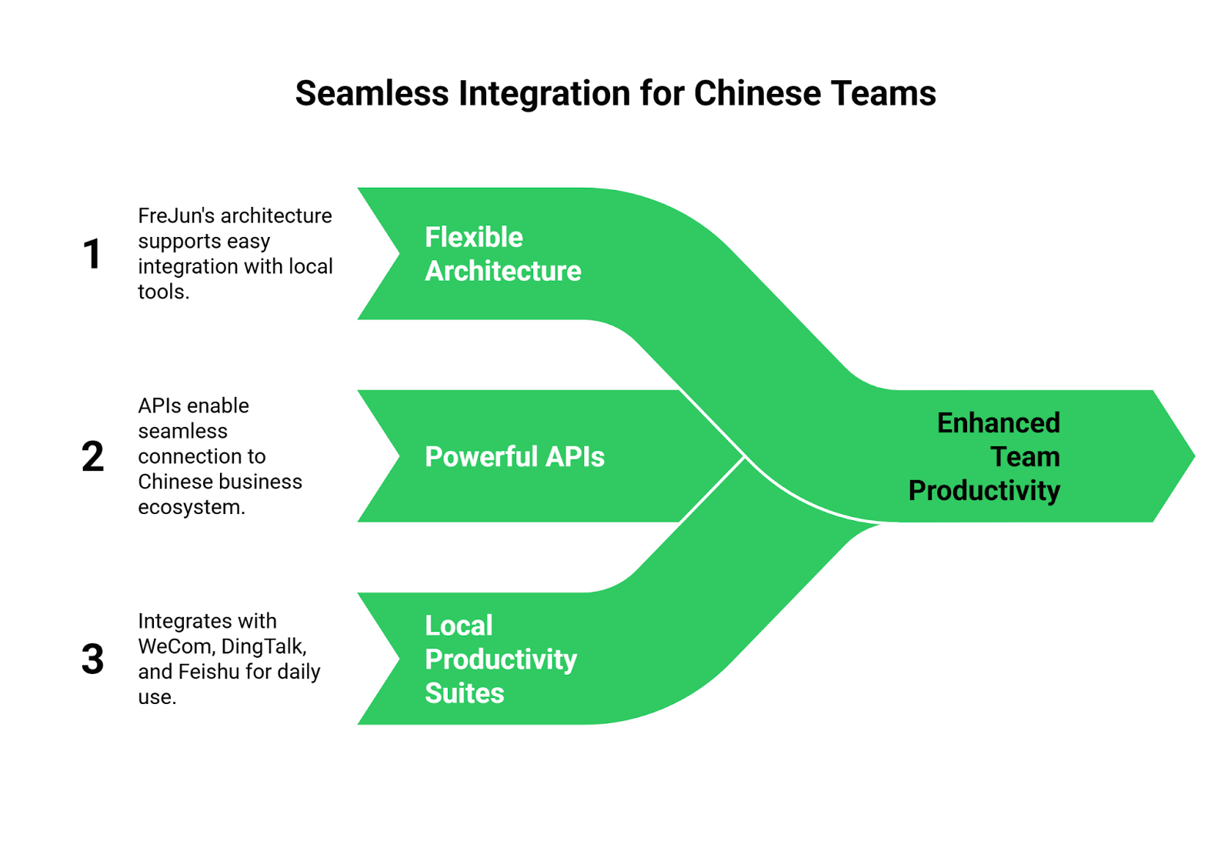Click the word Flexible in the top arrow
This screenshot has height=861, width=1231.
click(473, 238)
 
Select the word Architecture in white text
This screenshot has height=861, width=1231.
click(502, 272)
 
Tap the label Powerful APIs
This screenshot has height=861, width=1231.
click(514, 457)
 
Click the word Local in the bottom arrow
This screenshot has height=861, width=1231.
click(459, 626)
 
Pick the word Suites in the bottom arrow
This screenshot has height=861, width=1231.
click(464, 694)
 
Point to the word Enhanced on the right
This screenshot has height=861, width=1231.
click(998, 423)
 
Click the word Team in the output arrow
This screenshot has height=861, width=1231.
click(1025, 457)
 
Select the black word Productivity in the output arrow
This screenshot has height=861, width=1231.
click(984, 491)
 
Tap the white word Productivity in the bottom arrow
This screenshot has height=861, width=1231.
click(501, 660)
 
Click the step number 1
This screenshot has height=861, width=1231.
click(94, 254)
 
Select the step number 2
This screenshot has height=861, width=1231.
click(94, 457)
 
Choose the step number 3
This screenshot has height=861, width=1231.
click(93, 659)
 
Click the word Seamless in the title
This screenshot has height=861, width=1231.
click(372, 94)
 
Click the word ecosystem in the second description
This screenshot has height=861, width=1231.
click(191, 508)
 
